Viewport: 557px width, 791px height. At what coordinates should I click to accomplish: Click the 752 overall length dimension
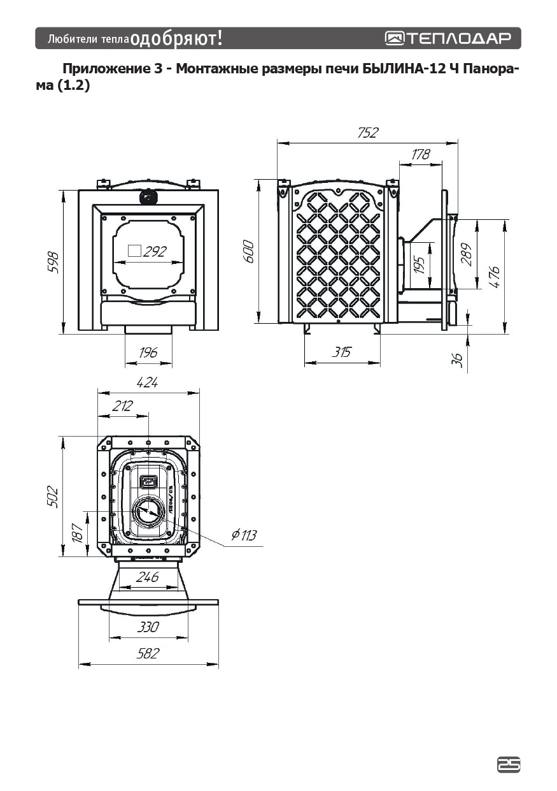(368, 133)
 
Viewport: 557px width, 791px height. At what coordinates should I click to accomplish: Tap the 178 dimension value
(421, 154)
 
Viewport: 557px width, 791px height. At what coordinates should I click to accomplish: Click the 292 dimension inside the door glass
(154, 251)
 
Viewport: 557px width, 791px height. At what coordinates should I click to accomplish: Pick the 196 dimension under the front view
(148, 352)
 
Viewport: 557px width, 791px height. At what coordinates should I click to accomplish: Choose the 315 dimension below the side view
(342, 352)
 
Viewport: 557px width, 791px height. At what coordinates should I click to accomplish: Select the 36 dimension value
(457, 359)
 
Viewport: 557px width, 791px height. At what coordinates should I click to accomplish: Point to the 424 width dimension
(148, 382)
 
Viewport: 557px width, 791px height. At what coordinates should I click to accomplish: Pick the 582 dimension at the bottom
(148, 653)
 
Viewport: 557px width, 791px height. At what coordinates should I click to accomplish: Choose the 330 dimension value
(148, 627)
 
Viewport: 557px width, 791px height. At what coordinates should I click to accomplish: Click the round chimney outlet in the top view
(148, 511)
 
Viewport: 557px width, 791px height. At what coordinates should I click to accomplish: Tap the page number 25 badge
(509, 765)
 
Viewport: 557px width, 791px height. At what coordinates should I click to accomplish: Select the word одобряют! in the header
(176, 38)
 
